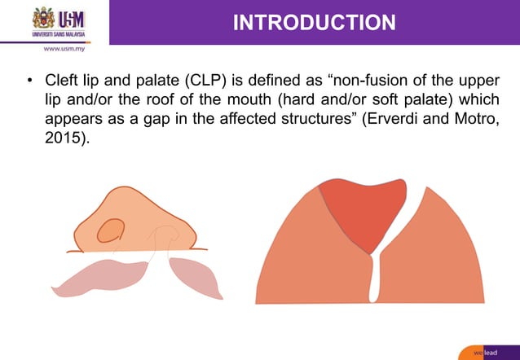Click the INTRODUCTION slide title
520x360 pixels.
314,22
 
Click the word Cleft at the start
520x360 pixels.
62,82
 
